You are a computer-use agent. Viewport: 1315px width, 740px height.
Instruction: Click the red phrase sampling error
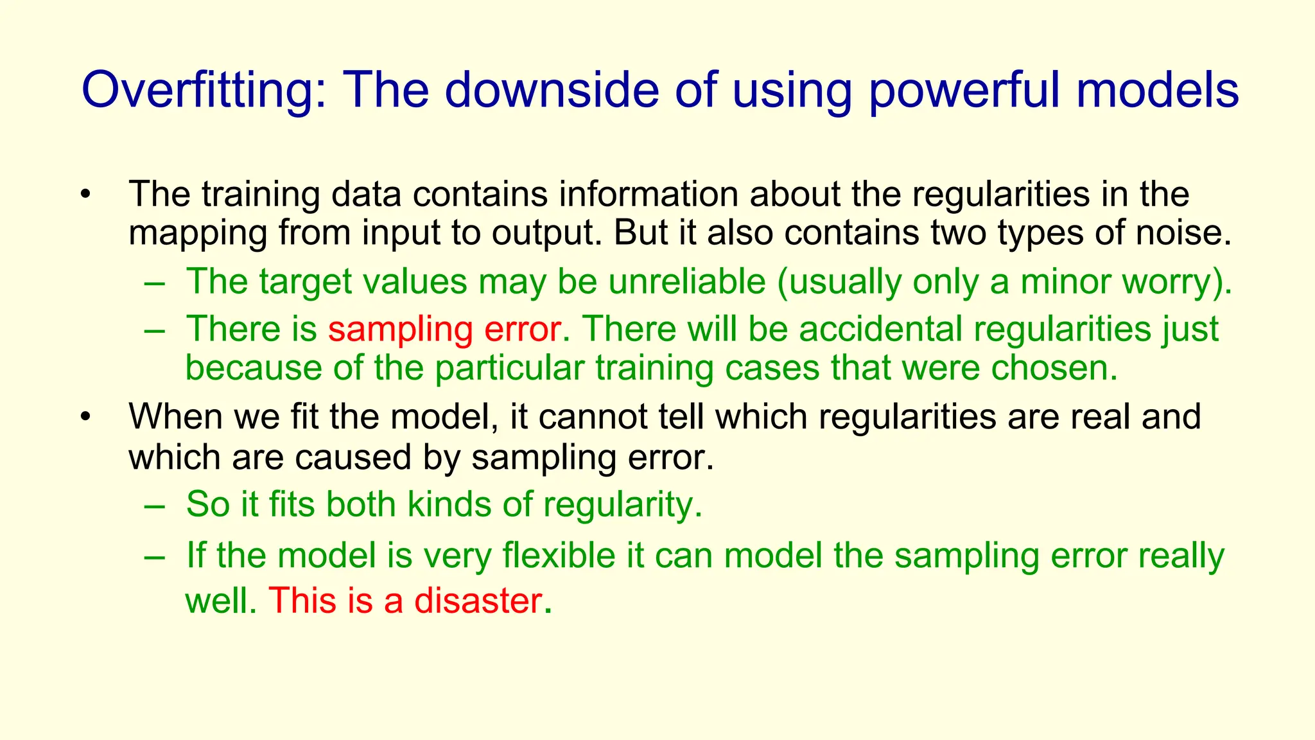(444, 329)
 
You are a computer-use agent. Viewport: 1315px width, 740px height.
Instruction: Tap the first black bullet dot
(85, 195)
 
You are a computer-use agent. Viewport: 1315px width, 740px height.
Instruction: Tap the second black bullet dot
(85, 418)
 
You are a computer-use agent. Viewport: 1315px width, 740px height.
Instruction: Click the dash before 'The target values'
(155, 283)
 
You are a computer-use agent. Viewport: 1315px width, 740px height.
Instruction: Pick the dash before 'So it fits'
(155, 505)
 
